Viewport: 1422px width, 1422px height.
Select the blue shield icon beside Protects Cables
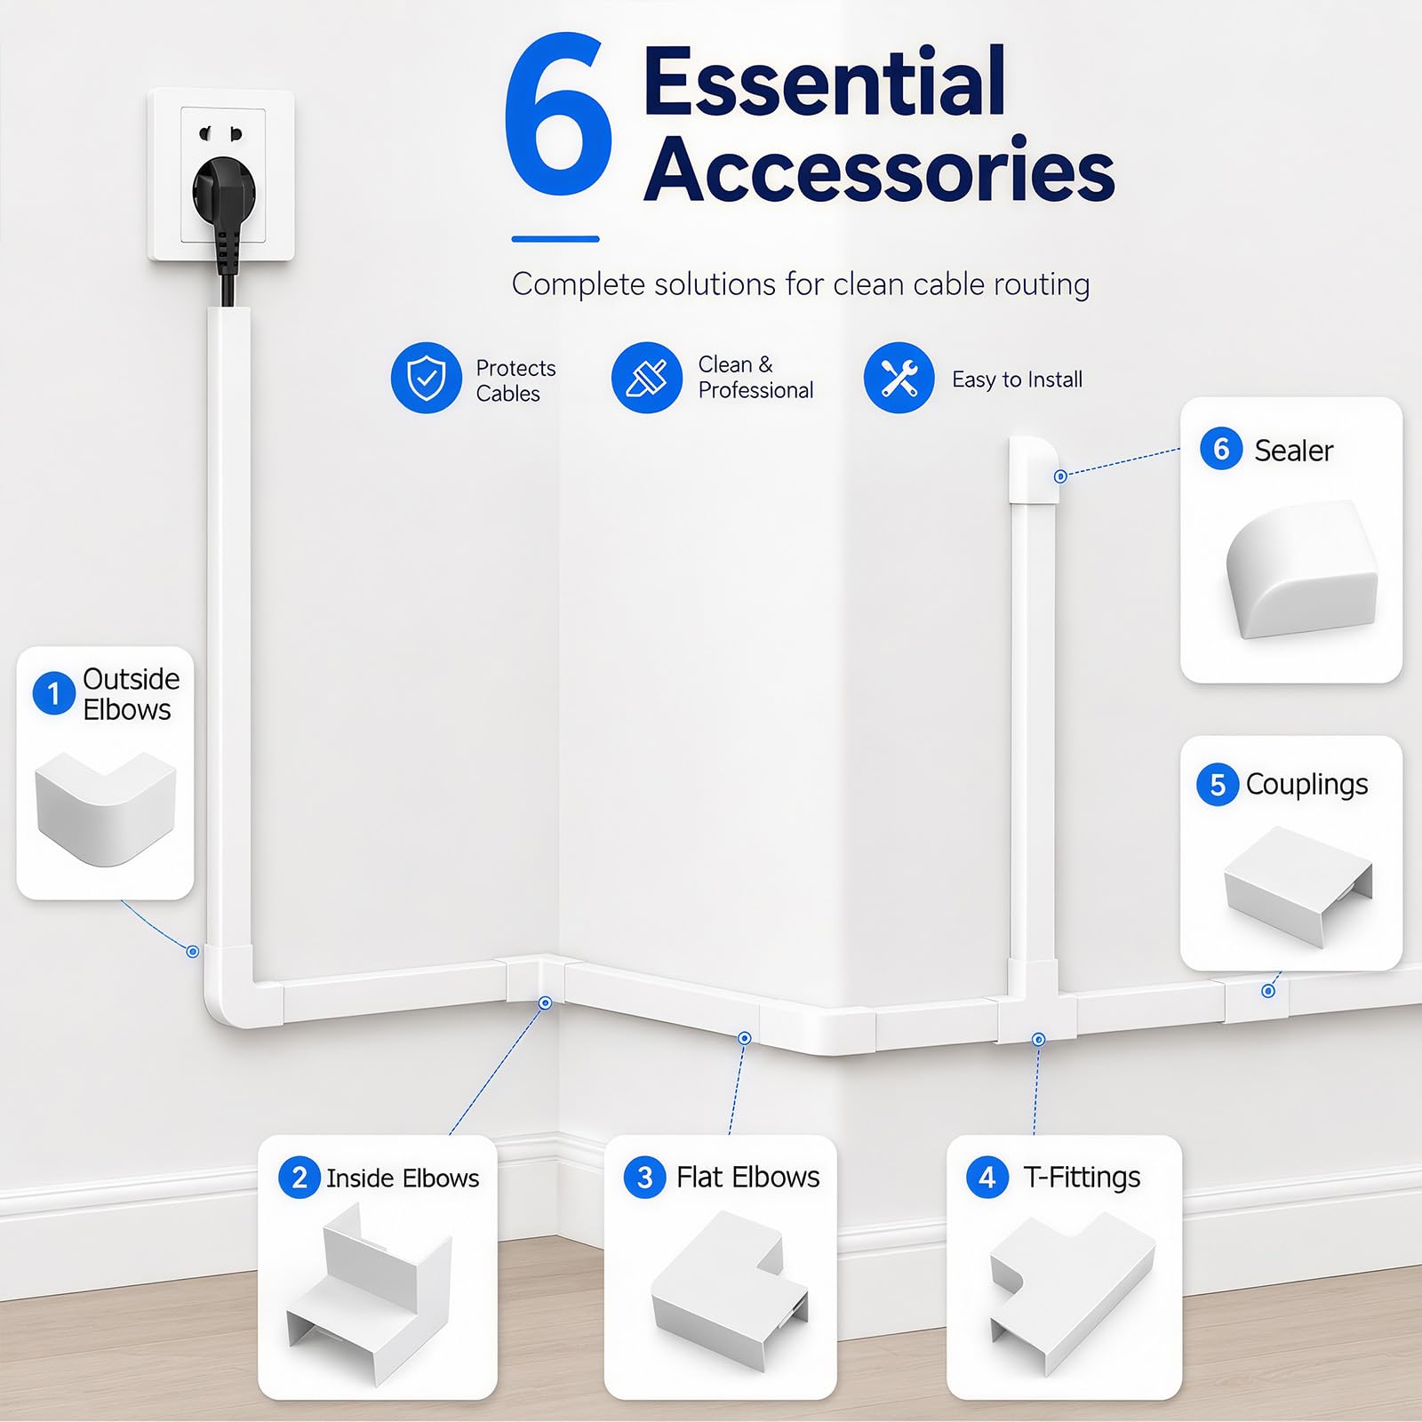pyautogui.click(x=427, y=378)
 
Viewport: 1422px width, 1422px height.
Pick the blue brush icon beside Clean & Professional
pyautogui.click(x=647, y=378)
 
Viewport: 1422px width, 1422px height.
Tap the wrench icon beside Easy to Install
pyautogui.click(x=899, y=378)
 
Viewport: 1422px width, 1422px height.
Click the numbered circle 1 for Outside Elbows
pyautogui.click(x=53, y=693)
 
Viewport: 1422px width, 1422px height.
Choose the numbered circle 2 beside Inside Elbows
pyautogui.click(x=300, y=1178)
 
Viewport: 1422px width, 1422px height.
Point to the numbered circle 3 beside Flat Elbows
pyautogui.click(x=645, y=1178)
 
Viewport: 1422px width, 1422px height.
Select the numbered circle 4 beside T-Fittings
pyautogui.click(x=987, y=1178)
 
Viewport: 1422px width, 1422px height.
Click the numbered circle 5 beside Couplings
pyautogui.click(x=1218, y=785)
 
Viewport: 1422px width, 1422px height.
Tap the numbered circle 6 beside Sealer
pyautogui.click(x=1221, y=449)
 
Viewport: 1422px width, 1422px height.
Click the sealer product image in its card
pyautogui.click(x=1302, y=569)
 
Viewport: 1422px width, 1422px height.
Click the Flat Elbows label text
pyautogui.click(x=748, y=1178)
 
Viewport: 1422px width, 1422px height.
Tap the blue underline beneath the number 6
pyautogui.click(x=555, y=239)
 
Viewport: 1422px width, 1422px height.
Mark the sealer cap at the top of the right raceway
pyautogui.click(x=1034, y=469)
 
